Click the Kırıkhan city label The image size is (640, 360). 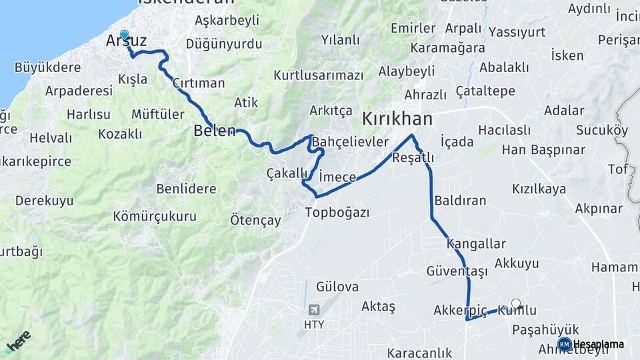pyautogui.click(x=397, y=119)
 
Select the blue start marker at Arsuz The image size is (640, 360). pyautogui.click(x=125, y=35)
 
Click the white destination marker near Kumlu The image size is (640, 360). pyautogui.click(x=515, y=303)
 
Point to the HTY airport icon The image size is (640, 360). pyautogui.click(x=313, y=310)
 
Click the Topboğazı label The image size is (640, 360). pyautogui.click(x=337, y=213)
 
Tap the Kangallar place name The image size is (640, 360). pyautogui.click(x=477, y=244)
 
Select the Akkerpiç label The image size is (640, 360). pyautogui.click(x=461, y=311)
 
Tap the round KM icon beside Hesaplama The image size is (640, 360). pyautogui.click(x=564, y=344)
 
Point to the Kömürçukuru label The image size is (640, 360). pyautogui.click(x=155, y=216)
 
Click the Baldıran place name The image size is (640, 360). pyautogui.click(x=460, y=200)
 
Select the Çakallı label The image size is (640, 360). pyautogui.click(x=287, y=173)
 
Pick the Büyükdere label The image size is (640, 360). pyautogui.click(x=47, y=67)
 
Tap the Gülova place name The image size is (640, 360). pyautogui.click(x=337, y=287)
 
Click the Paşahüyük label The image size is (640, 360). pyautogui.click(x=545, y=330)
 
